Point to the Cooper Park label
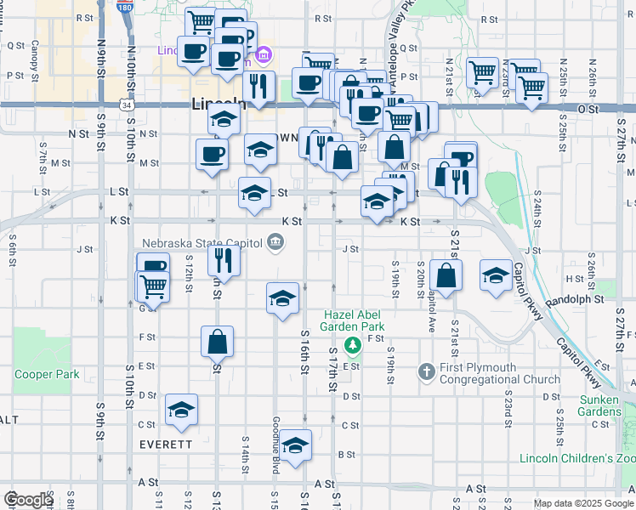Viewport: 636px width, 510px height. pos(47,374)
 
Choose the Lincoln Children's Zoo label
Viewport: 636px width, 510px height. pos(578,459)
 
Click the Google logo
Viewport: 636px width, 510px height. pos(28,500)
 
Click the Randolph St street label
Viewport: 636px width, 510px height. pos(579,299)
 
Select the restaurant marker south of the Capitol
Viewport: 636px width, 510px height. pos(224,259)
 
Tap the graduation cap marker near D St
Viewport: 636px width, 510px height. pos(181,410)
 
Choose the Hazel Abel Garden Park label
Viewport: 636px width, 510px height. pos(353,320)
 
